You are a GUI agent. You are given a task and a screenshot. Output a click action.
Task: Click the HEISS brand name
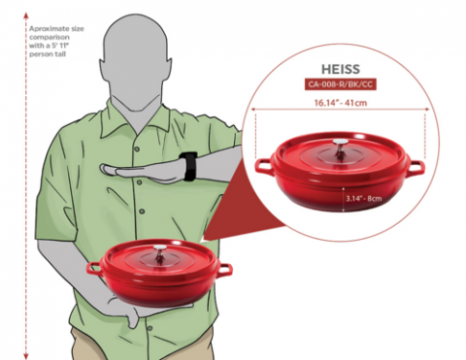(x=341, y=69)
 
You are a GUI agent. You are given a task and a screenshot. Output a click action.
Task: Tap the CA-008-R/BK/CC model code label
(x=340, y=84)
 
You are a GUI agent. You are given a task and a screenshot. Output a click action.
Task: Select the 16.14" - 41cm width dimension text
(x=341, y=103)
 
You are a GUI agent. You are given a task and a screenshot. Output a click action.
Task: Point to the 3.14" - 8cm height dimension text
(x=364, y=198)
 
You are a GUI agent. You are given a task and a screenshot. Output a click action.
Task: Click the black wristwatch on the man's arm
(x=189, y=166)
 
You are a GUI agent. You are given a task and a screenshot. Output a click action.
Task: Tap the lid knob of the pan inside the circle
(x=340, y=147)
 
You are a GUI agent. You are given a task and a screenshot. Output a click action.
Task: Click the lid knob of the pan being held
(x=160, y=252)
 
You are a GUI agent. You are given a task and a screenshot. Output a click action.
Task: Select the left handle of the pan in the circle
(x=263, y=166)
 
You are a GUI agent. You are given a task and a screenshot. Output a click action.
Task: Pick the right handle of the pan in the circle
(x=416, y=168)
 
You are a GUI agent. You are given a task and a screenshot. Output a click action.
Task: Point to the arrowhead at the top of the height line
(x=26, y=15)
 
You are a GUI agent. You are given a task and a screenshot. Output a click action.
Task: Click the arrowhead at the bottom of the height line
(x=26, y=356)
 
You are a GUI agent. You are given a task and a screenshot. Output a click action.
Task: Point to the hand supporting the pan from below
(x=129, y=312)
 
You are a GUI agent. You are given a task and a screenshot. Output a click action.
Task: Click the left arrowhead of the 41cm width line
(x=254, y=110)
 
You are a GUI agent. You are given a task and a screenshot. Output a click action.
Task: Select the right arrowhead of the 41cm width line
(x=427, y=110)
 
